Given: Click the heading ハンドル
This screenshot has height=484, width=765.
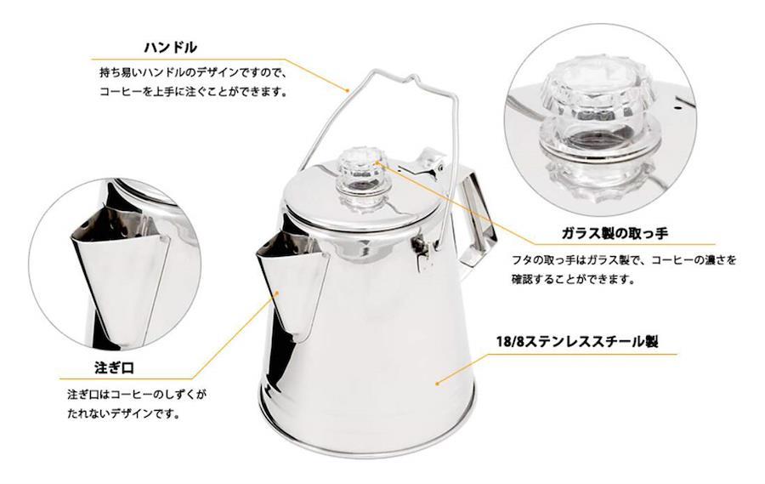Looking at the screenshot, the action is pos(171,48).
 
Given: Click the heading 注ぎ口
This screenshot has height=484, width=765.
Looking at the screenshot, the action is pos(114,367).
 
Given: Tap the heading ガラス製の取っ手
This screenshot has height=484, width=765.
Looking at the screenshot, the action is pos(615,233).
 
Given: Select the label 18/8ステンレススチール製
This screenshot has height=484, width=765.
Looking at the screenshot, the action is pos(577,341).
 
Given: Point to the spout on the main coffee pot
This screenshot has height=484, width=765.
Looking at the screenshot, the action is pos(292,284).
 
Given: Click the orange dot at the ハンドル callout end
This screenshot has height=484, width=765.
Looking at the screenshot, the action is pos(348,90).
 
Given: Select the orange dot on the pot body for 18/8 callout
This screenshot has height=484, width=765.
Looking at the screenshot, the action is pos(437,384).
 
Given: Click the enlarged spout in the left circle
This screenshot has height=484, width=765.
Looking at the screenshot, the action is pos(121,274).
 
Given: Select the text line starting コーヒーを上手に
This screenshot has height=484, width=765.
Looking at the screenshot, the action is pos(192,91).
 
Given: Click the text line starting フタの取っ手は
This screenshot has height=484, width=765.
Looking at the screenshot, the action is pos(624,259).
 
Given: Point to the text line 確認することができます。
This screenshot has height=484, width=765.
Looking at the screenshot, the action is pos(573,279).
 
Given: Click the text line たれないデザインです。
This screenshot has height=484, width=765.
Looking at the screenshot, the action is pos(123,414).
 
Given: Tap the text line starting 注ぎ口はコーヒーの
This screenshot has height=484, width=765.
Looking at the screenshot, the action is pos(137,394).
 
